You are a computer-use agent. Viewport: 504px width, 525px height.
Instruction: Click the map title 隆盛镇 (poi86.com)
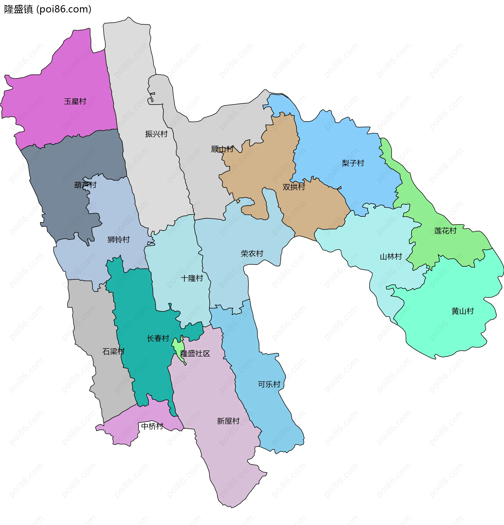pyautogui.click(x=48, y=9)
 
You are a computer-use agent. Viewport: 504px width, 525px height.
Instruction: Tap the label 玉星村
pyautogui.click(x=75, y=101)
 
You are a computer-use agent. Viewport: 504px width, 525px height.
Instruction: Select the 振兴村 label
pyautogui.click(x=156, y=134)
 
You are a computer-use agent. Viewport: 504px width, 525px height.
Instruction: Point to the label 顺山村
pyautogui.click(x=222, y=149)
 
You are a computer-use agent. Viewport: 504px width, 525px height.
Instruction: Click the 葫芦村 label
pyautogui.click(x=85, y=185)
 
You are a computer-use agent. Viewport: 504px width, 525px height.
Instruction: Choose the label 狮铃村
pyautogui.click(x=119, y=239)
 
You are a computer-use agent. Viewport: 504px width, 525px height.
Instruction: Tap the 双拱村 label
pyautogui.click(x=294, y=187)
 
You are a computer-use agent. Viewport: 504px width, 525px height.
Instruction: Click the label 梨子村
pyautogui.click(x=353, y=163)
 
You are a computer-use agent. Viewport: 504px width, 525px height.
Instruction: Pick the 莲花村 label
pyautogui.click(x=445, y=231)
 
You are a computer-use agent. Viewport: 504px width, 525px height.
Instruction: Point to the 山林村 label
pyautogui.click(x=391, y=257)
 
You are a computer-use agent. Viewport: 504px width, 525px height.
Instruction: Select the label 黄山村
pyautogui.click(x=463, y=311)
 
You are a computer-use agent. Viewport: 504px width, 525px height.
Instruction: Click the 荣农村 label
pyautogui.click(x=252, y=253)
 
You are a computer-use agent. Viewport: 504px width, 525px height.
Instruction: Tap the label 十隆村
pyautogui.click(x=192, y=278)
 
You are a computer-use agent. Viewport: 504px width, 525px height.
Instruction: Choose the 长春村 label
pyautogui.click(x=158, y=338)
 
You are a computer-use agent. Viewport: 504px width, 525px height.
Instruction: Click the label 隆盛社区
pyautogui.click(x=195, y=353)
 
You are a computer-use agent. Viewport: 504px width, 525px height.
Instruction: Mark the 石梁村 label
pyautogui.click(x=114, y=351)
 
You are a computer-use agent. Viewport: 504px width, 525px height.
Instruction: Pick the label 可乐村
pyautogui.click(x=269, y=384)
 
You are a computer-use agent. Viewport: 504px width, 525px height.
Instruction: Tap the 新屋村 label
pyautogui.click(x=228, y=421)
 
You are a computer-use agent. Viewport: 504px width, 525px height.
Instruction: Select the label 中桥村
pyautogui.click(x=152, y=426)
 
